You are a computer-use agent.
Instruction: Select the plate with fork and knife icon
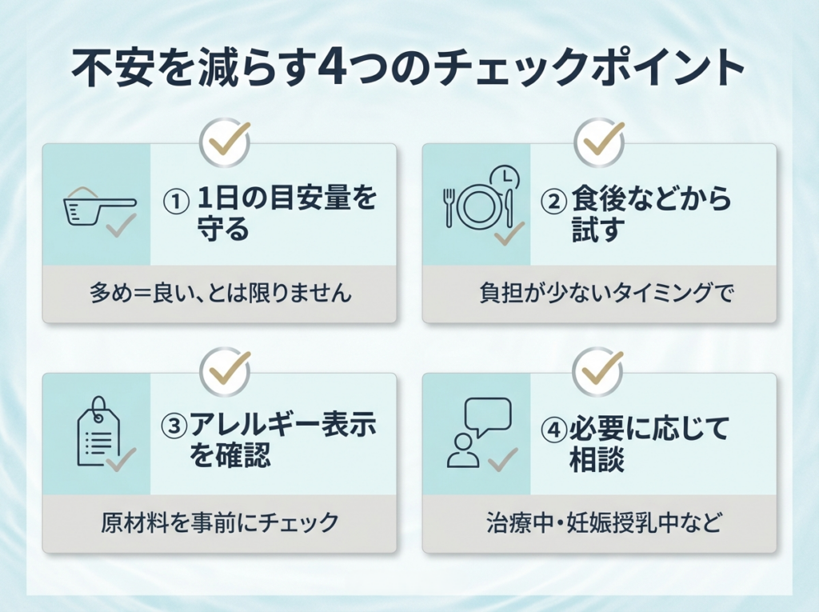[x=478, y=206]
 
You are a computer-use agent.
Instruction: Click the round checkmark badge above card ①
[x=225, y=141]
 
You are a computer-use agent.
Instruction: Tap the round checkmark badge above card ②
[x=599, y=141]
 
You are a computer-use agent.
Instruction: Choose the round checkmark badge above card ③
[x=225, y=370]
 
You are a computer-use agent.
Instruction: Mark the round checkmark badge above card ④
[x=599, y=370]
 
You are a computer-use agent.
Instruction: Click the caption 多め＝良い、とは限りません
[x=220, y=294]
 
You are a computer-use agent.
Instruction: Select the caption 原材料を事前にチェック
[x=220, y=523]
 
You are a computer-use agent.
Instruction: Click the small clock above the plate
[x=503, y=177]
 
